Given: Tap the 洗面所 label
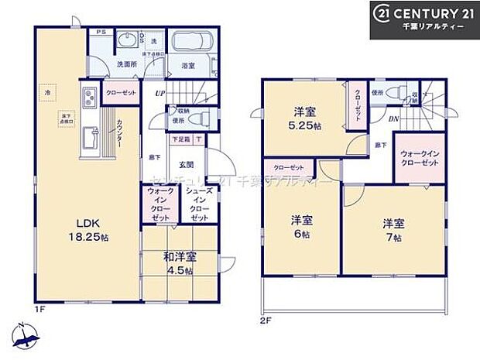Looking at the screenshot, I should click(125, 65).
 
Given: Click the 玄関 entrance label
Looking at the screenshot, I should click(187, 163).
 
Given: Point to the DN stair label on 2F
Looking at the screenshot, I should click(393, 118).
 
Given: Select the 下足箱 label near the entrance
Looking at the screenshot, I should click(180, 139).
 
